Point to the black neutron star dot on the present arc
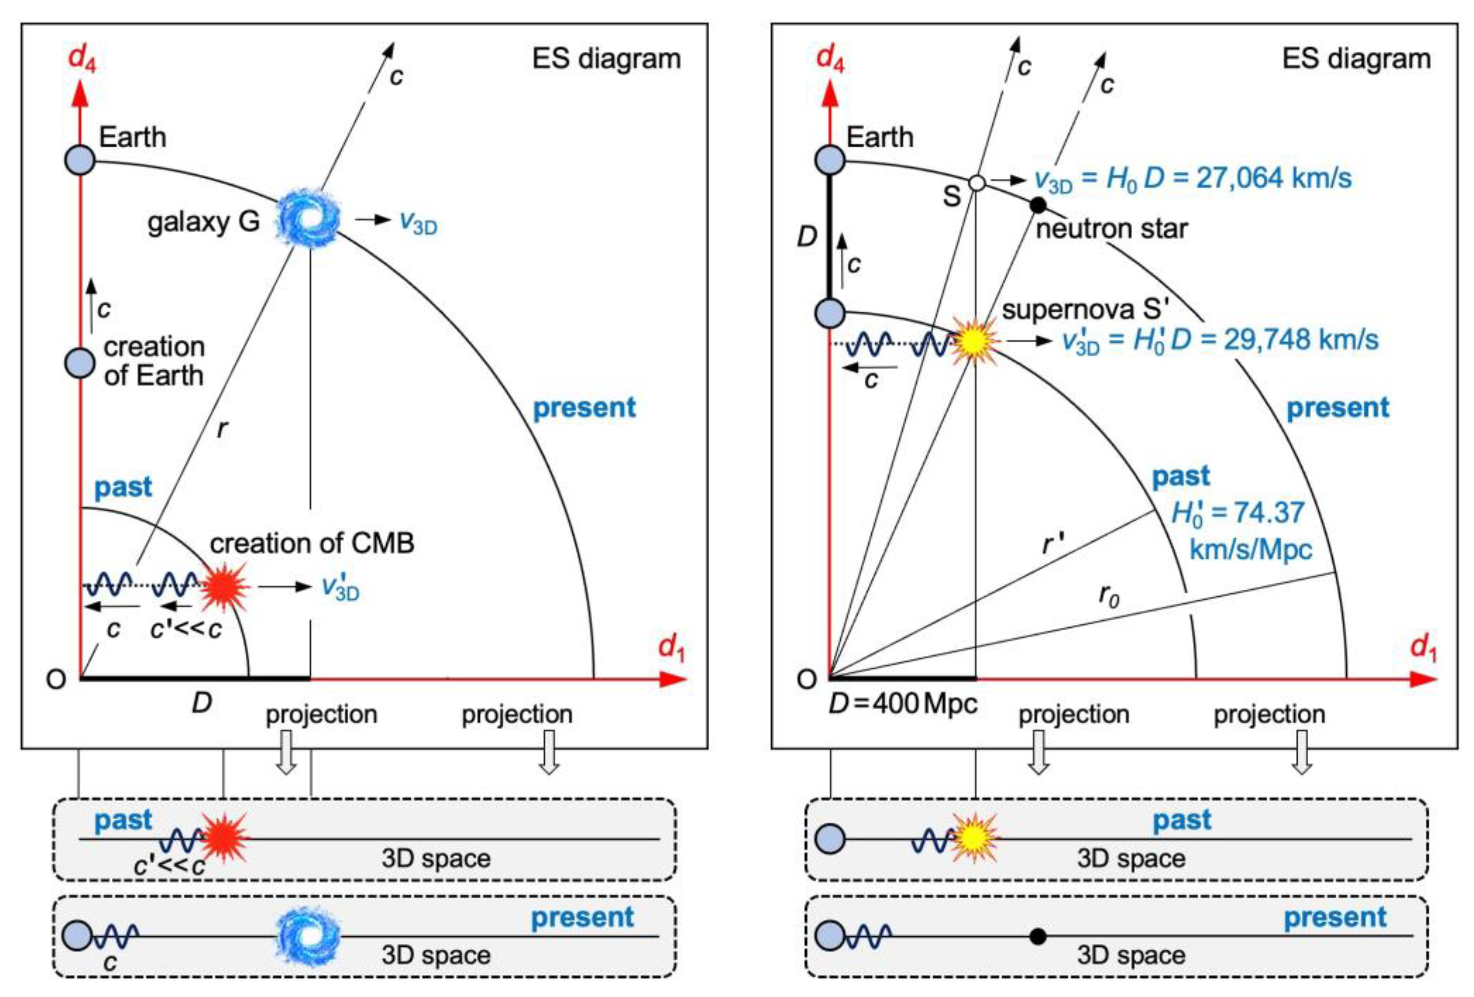tap(1037, 205)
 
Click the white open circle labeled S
tap(977, 183)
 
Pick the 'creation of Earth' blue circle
tap(80, 363)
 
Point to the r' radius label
tap(1053, 543)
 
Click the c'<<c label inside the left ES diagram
tap(186, 629)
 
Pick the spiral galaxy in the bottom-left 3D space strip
tap(309, 935)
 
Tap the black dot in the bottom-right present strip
tap(1037, 935)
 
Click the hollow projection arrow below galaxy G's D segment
tap(287, 752)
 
